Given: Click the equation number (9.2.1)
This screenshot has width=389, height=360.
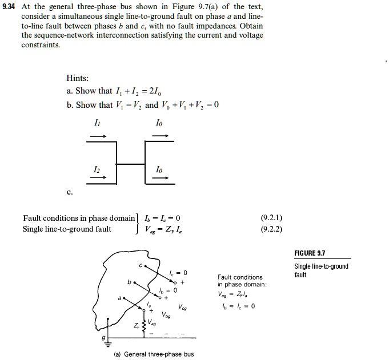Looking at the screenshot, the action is [x=271, y=218].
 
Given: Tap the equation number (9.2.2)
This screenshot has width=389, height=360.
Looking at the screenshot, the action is [x=271, y=229].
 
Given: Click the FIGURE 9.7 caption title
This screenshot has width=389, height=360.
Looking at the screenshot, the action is [x=310, y=254].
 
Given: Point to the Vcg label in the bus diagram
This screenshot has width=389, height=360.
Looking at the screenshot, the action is [x=182, y=306].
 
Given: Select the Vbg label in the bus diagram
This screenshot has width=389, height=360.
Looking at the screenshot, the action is [x=166, y=315].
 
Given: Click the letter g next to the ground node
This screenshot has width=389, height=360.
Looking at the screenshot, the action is [x=103, y=339].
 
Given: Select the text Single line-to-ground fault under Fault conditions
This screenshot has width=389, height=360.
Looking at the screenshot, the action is [x=67, y=229].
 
